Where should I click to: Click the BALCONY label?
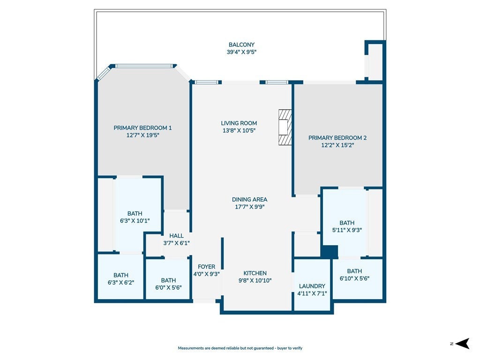(241, 45)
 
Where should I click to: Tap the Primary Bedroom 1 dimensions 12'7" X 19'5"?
(142, 135)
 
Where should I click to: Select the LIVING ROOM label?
(239, 123)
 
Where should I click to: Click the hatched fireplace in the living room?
(285, 127)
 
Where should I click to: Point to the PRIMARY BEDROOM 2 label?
(337, 138)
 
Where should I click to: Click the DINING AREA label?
(249, 199)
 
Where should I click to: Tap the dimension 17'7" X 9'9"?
(249, 207)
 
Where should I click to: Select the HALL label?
(176, 236)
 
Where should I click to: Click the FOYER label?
(206, 267)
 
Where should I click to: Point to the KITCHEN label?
(255, 273)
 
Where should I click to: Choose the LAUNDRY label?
(312, 286)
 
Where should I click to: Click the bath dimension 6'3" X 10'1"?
(135, 220)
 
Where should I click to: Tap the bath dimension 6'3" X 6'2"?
(121, 283)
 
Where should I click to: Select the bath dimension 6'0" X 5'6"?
(168, 287)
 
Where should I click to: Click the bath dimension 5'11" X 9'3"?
(347, 230)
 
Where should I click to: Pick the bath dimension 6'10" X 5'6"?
(354, 278)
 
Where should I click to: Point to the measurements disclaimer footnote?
(240, 348)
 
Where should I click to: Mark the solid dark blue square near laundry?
(330, 252)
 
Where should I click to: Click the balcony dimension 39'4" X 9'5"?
(241, 52)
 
